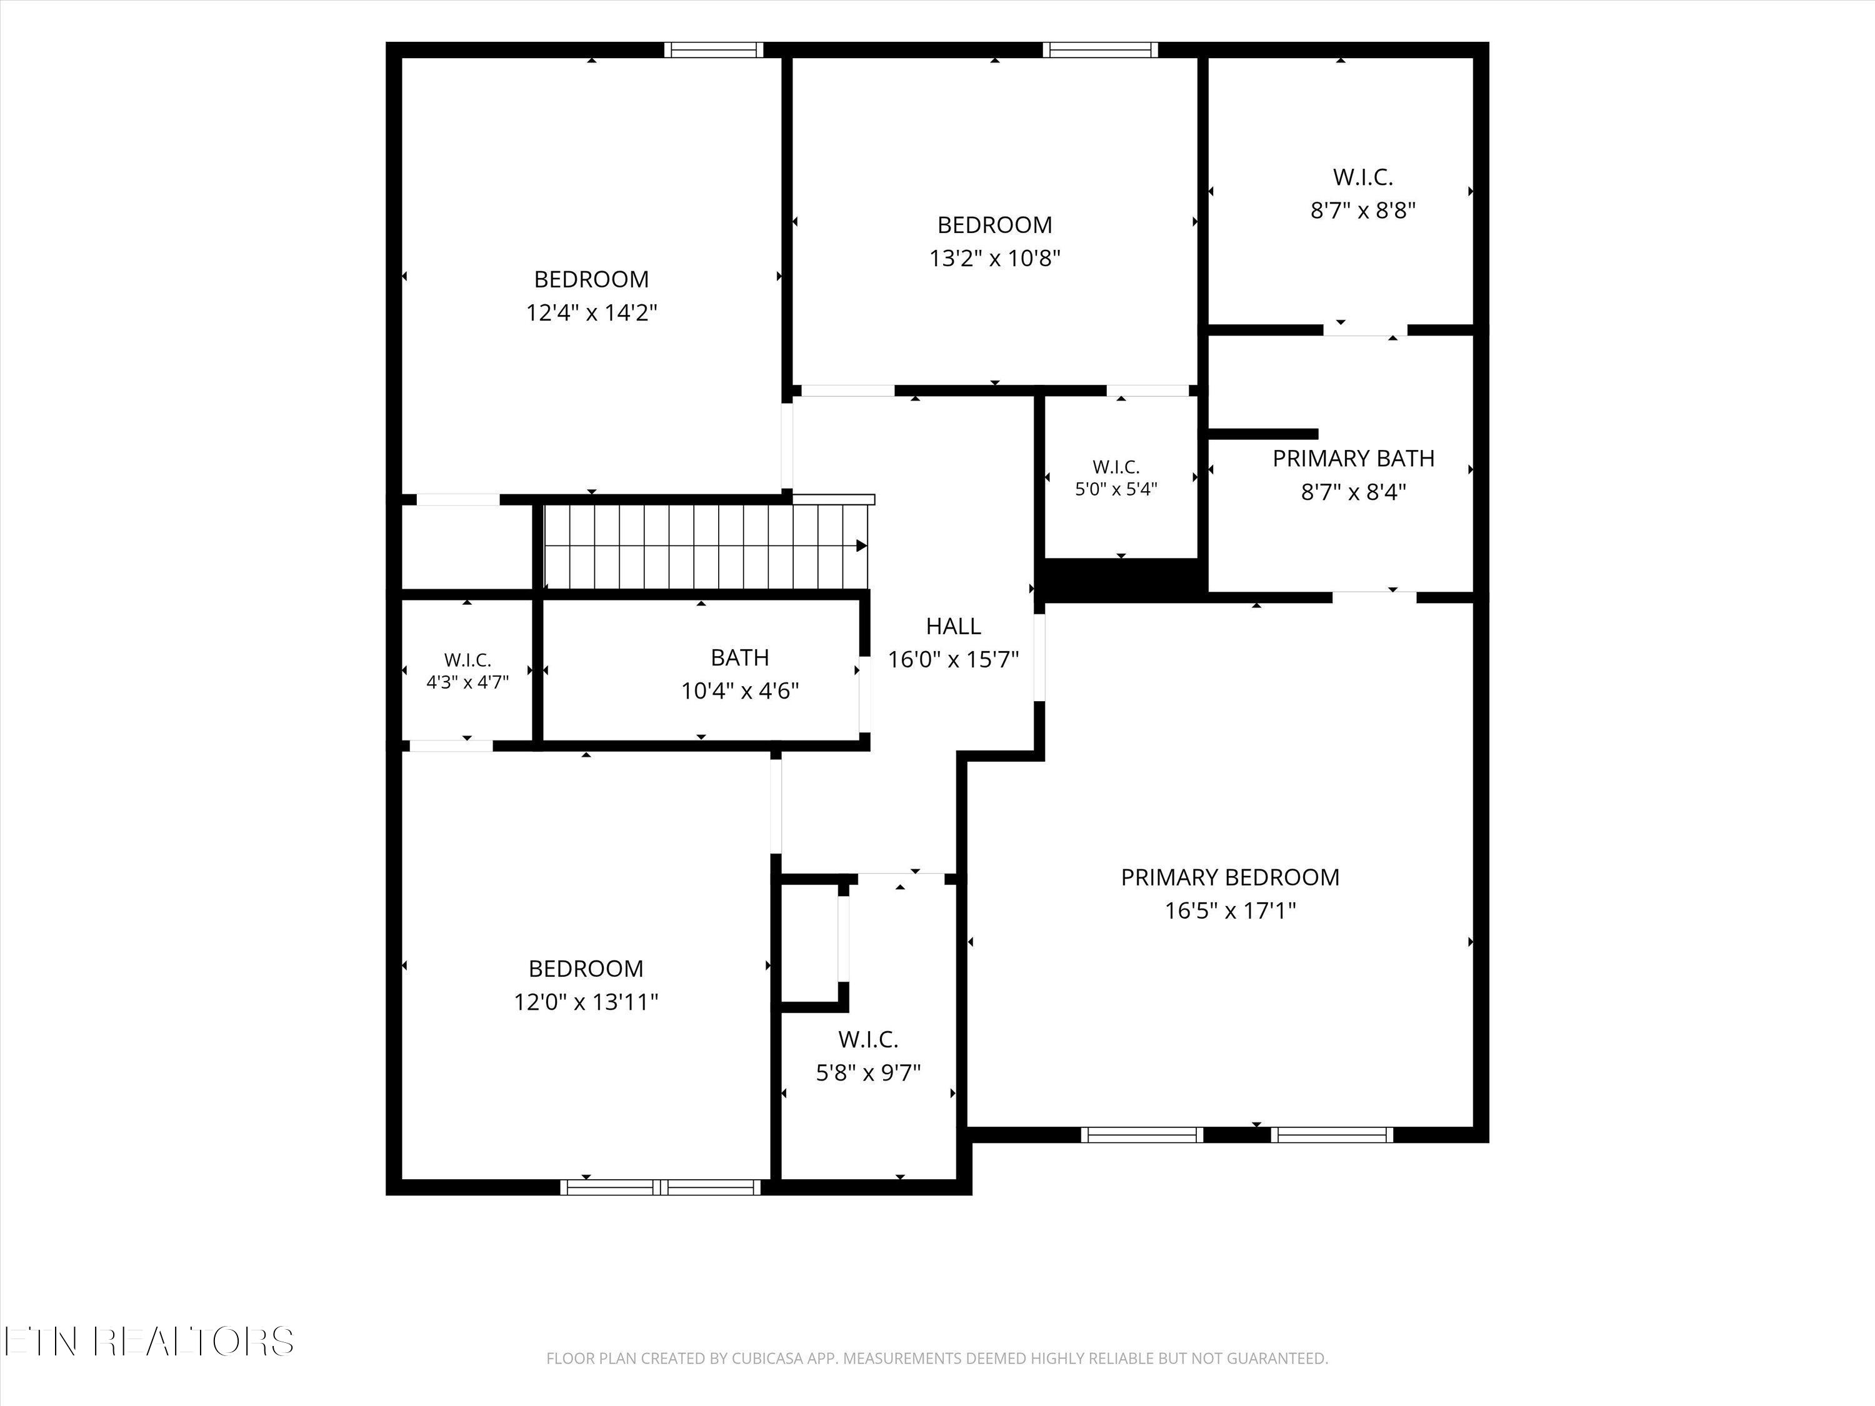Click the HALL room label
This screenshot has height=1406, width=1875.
(954, 626)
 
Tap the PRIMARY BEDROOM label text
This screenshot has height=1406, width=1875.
(1230, 877)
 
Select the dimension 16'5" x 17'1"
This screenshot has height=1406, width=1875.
(1230, 911)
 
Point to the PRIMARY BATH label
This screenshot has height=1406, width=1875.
(1354, 459)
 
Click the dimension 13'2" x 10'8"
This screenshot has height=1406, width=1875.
(995, 257)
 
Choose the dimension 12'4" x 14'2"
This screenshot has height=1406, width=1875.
(592, 312)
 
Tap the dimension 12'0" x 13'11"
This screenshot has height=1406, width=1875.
(586, 1002)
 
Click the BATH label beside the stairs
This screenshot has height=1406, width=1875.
(740, 657)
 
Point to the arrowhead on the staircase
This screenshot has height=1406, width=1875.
(861, 546)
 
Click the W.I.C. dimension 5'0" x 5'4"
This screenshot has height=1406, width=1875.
(1116, 489)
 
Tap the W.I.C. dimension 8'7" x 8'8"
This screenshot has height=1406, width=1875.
(1363, 210)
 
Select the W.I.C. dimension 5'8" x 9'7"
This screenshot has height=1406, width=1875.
(868, 1073)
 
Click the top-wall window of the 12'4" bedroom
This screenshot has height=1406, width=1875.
(714, 50)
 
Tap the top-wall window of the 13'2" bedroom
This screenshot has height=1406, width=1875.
(1100, 50)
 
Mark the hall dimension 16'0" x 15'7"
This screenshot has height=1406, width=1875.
(954, 659)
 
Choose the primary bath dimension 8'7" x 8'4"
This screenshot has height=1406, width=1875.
(1354, 492)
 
